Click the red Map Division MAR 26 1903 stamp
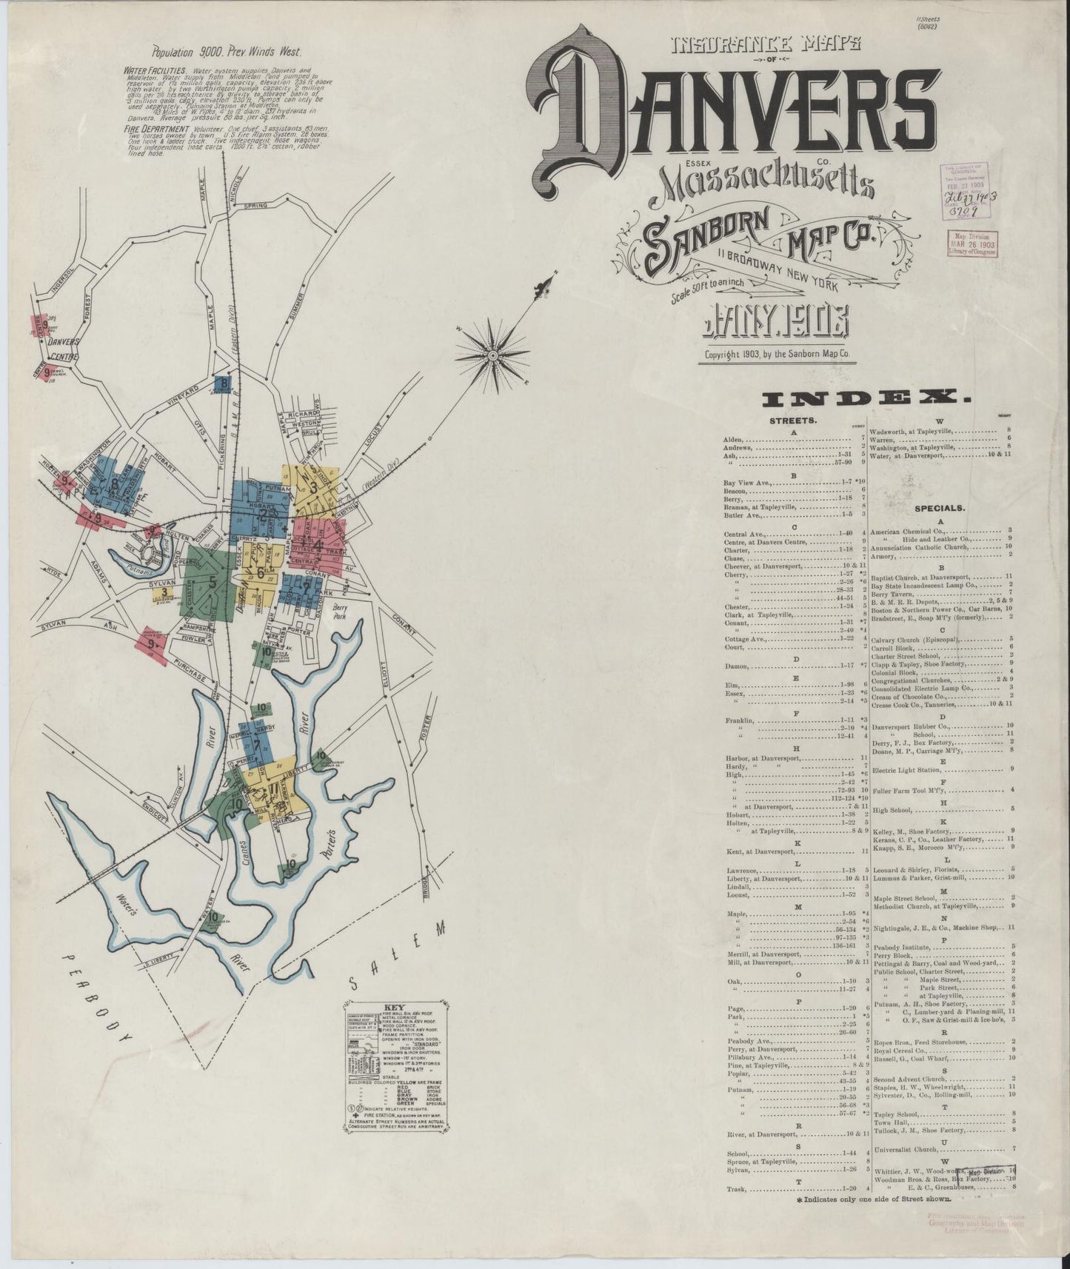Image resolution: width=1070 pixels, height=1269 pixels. (970, 242)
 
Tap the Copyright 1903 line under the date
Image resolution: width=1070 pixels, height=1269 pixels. (777, 354)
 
